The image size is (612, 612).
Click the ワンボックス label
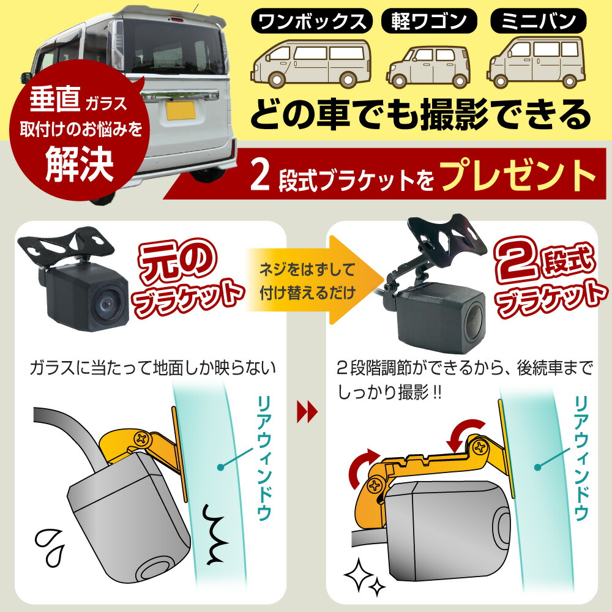pyautogui.click(x=312, y=23)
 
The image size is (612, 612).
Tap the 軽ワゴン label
pyautogui.click(x=430, y=23)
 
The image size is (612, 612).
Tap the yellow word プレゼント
pyautogui.click(x=517, y=177)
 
